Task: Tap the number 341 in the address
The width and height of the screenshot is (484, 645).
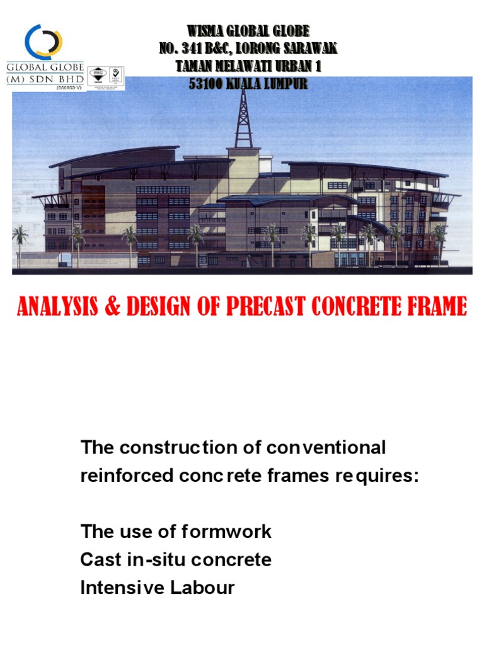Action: click(207, 49)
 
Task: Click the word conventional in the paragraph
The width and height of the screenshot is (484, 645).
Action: click(326, 448)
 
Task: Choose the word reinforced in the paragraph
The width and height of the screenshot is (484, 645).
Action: click(118, 476)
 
